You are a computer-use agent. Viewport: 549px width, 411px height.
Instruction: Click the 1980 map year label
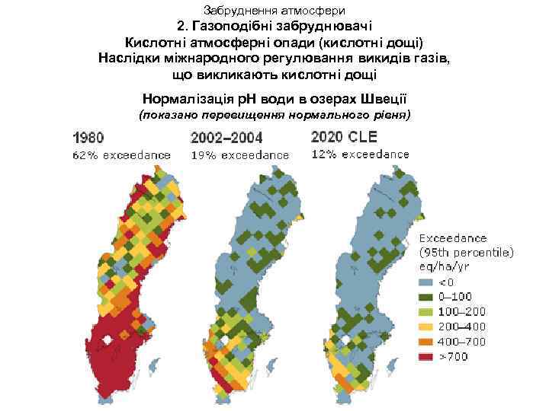coord(88,139)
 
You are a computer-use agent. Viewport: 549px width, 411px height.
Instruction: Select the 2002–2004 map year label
coord(226,139)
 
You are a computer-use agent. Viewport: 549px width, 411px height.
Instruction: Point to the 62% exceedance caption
coord(121,155)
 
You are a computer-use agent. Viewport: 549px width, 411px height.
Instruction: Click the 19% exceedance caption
coord(239,155)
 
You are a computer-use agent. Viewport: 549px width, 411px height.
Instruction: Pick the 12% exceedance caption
coord(360,154)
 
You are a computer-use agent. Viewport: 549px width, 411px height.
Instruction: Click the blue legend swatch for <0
coord(425,282)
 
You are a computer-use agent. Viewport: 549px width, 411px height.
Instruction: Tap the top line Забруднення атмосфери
coord(275,10)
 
